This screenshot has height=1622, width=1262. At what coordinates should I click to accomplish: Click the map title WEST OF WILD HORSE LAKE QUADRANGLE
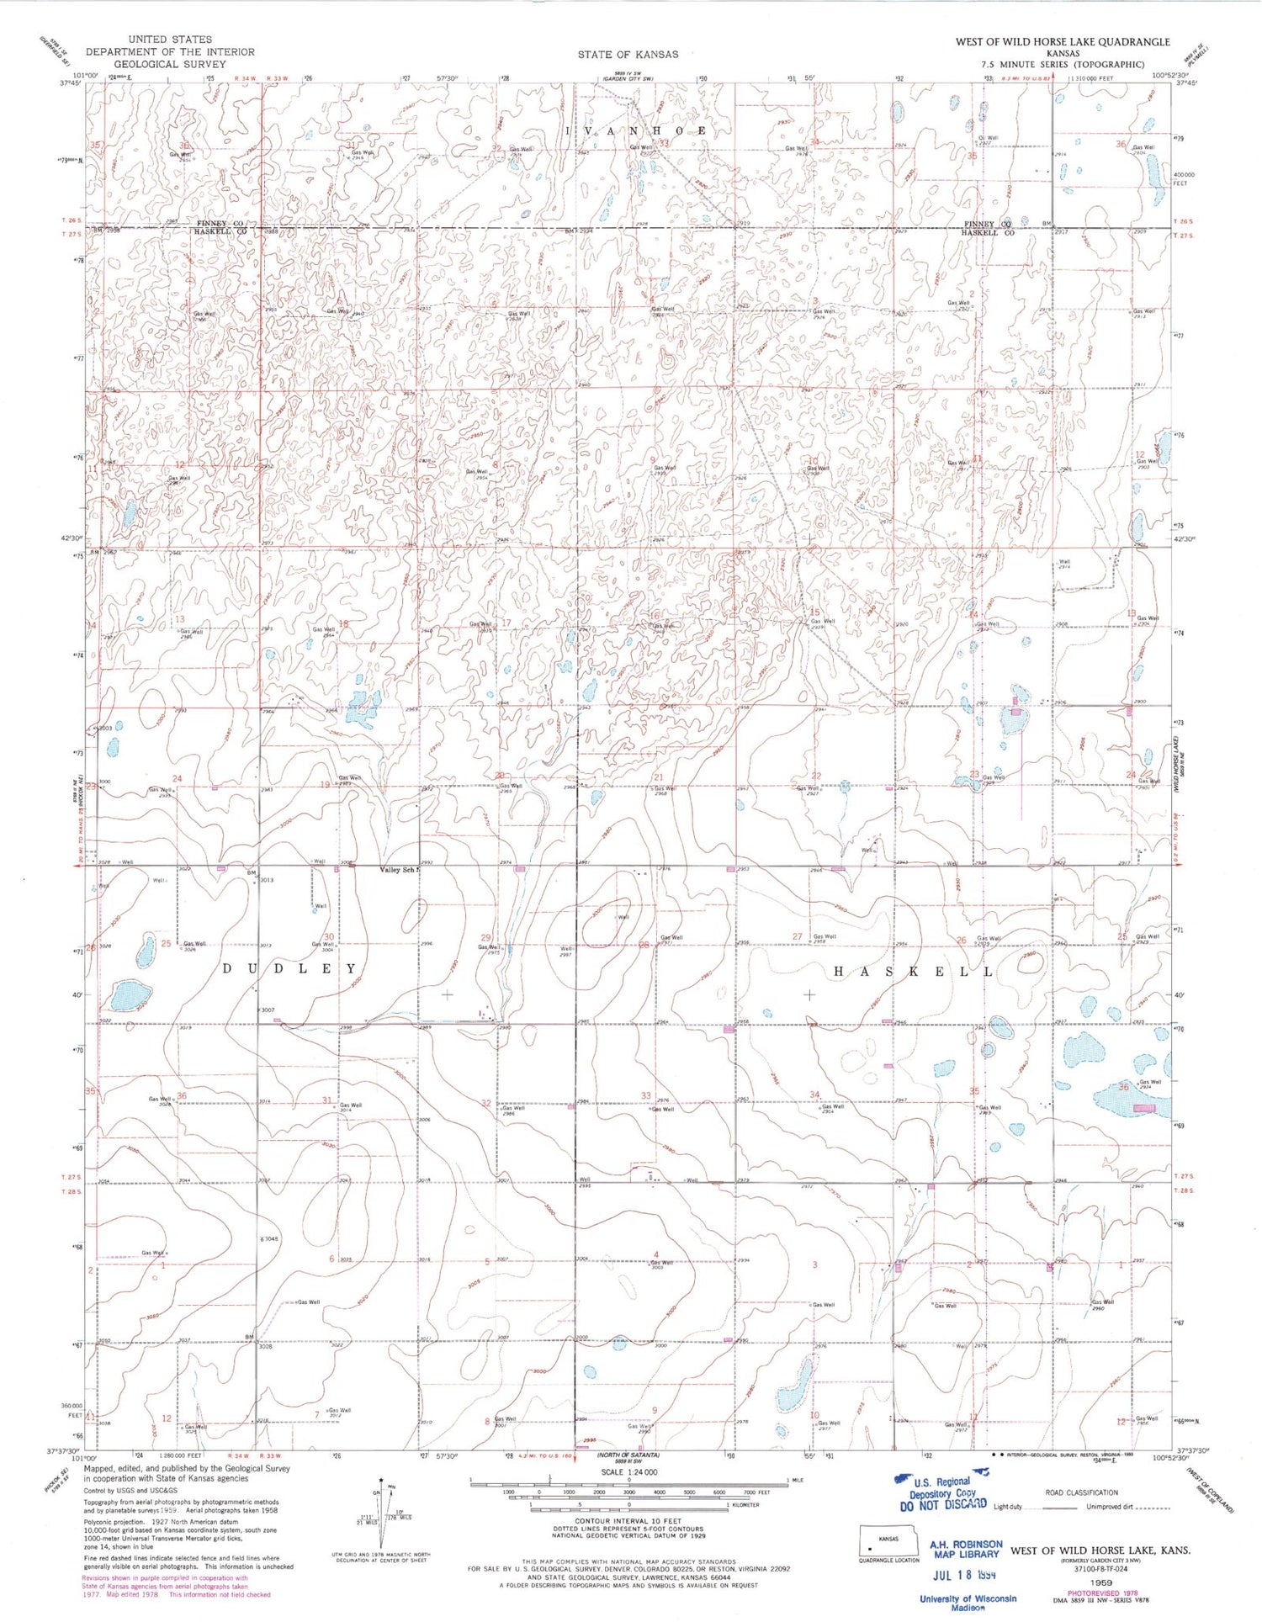coord(1062,41)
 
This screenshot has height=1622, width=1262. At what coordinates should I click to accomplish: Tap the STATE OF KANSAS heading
coord(627,55)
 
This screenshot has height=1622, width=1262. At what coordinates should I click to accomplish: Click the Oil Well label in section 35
coord(987,138)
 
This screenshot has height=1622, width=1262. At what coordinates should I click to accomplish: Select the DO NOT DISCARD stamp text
coord(943,1505)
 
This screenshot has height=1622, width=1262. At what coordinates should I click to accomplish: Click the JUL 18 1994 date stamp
coord(964,1573)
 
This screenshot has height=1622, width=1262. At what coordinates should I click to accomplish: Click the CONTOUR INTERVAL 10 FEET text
coord(628,1521)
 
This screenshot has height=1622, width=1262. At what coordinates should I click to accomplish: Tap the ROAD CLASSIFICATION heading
coord(1081,1492)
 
